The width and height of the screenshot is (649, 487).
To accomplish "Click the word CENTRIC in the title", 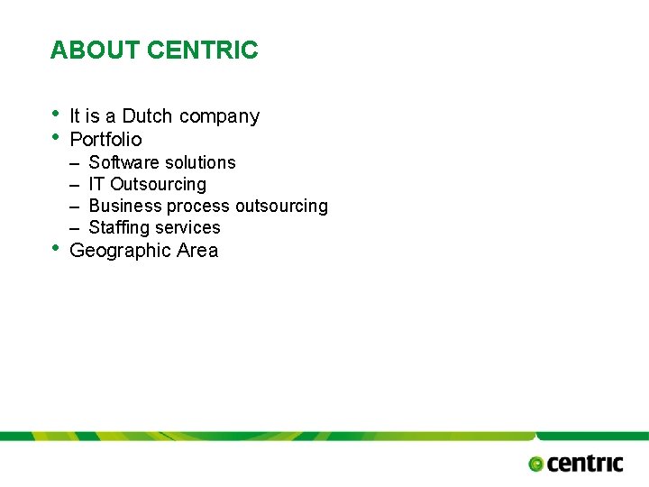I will pyautogui.click(x=202, y=51).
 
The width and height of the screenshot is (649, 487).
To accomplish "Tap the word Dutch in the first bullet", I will pyautogui.click(x=148, y=116).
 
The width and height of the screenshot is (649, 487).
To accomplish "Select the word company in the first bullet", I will pyautogui.click(x=219, y=117).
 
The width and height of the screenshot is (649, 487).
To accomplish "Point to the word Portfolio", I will pyautogui.click(x=105, y=139).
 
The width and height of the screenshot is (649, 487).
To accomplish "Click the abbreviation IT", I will pyautogui.click(x=96, y=184).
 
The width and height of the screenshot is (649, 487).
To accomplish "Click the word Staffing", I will pyautogui.click(x=118, y=228).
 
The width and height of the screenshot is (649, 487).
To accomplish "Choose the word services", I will pyautogui.click(x=187, y=227).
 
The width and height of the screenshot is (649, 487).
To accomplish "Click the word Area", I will pyautogui.click(x=197, y=251).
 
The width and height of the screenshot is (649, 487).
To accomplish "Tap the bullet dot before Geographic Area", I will pyautogui.click(x=56, y=248).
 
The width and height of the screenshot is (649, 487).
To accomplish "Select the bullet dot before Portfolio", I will pyautogui.click(x=56, y=136).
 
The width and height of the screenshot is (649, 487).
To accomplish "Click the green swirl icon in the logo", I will pyautogui.click(x=536, y=464).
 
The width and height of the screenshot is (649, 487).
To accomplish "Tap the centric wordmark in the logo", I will pyautogui.click(x=585, y=464).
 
